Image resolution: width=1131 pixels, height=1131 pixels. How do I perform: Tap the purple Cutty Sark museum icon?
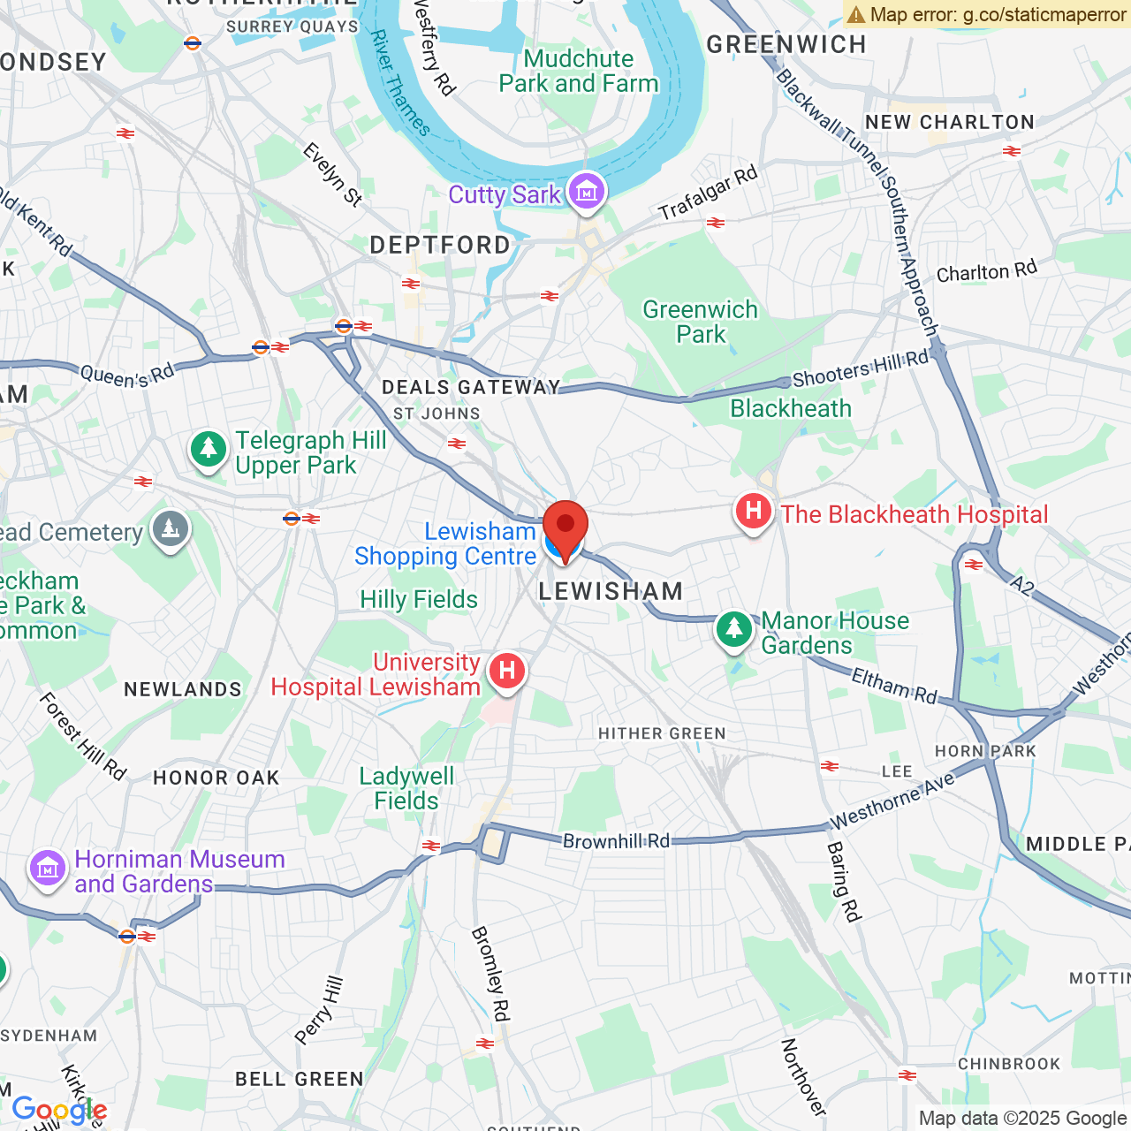pyautogui.click(x=586, y=191)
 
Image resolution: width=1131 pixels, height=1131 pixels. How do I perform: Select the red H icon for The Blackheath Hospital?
pyautogui.click(x=753, y=512)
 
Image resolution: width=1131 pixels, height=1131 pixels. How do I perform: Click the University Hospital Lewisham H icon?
pyautogui.click(x=506, y=671)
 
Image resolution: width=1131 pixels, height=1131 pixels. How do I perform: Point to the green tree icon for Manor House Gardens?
pyautogui.click(x=733, y=630)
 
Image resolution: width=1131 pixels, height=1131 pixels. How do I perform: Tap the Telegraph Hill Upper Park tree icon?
pyautogui.click(x=209, y=450)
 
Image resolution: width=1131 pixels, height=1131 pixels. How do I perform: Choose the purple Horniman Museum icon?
pyautogui.click(x=48, y=869)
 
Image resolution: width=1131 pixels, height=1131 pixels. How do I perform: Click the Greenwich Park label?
pyautogui.click(x=700, y=322)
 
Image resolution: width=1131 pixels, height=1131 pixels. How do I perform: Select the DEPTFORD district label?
pyautogui.click(x=440, y=245)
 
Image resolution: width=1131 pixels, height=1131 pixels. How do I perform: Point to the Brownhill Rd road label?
pyautogui.click(x=616, y=840)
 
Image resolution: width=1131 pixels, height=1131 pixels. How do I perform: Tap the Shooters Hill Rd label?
pyautogui.click(x=860, y=368)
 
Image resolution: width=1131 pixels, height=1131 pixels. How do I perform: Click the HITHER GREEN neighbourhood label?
pyautogui.click(x=662, y=733)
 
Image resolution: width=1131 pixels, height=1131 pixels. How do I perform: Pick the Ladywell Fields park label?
pyautogui.click(x=406, y=788)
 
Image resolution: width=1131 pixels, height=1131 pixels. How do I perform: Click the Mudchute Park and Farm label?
pyautogui.click(x=579, y=71)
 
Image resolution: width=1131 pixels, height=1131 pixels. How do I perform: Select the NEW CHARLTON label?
pyautogui.click(x=950, y=122)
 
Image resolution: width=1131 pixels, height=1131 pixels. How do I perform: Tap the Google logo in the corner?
pyautogui.click(x=59, y=1110)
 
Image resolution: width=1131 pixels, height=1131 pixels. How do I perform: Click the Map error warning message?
pyautogui.click(x=986, y=14)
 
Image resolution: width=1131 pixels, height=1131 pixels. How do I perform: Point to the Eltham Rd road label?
pyautogui.click(x=893, y=686)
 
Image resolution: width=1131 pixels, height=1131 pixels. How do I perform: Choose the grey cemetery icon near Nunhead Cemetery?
pyautogui.click(x=171, y=529)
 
